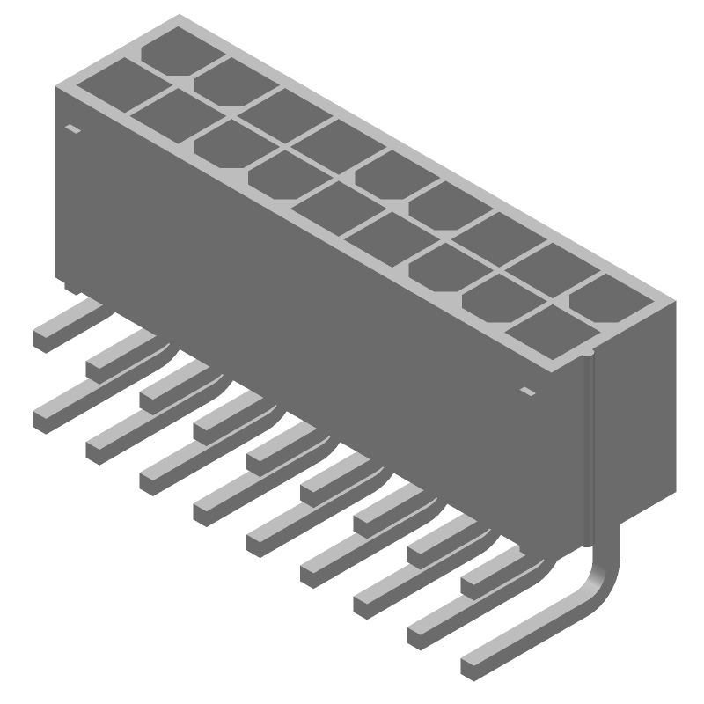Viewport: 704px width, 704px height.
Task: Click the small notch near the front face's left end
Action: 73,129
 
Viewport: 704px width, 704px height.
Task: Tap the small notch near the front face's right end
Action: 527,390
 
